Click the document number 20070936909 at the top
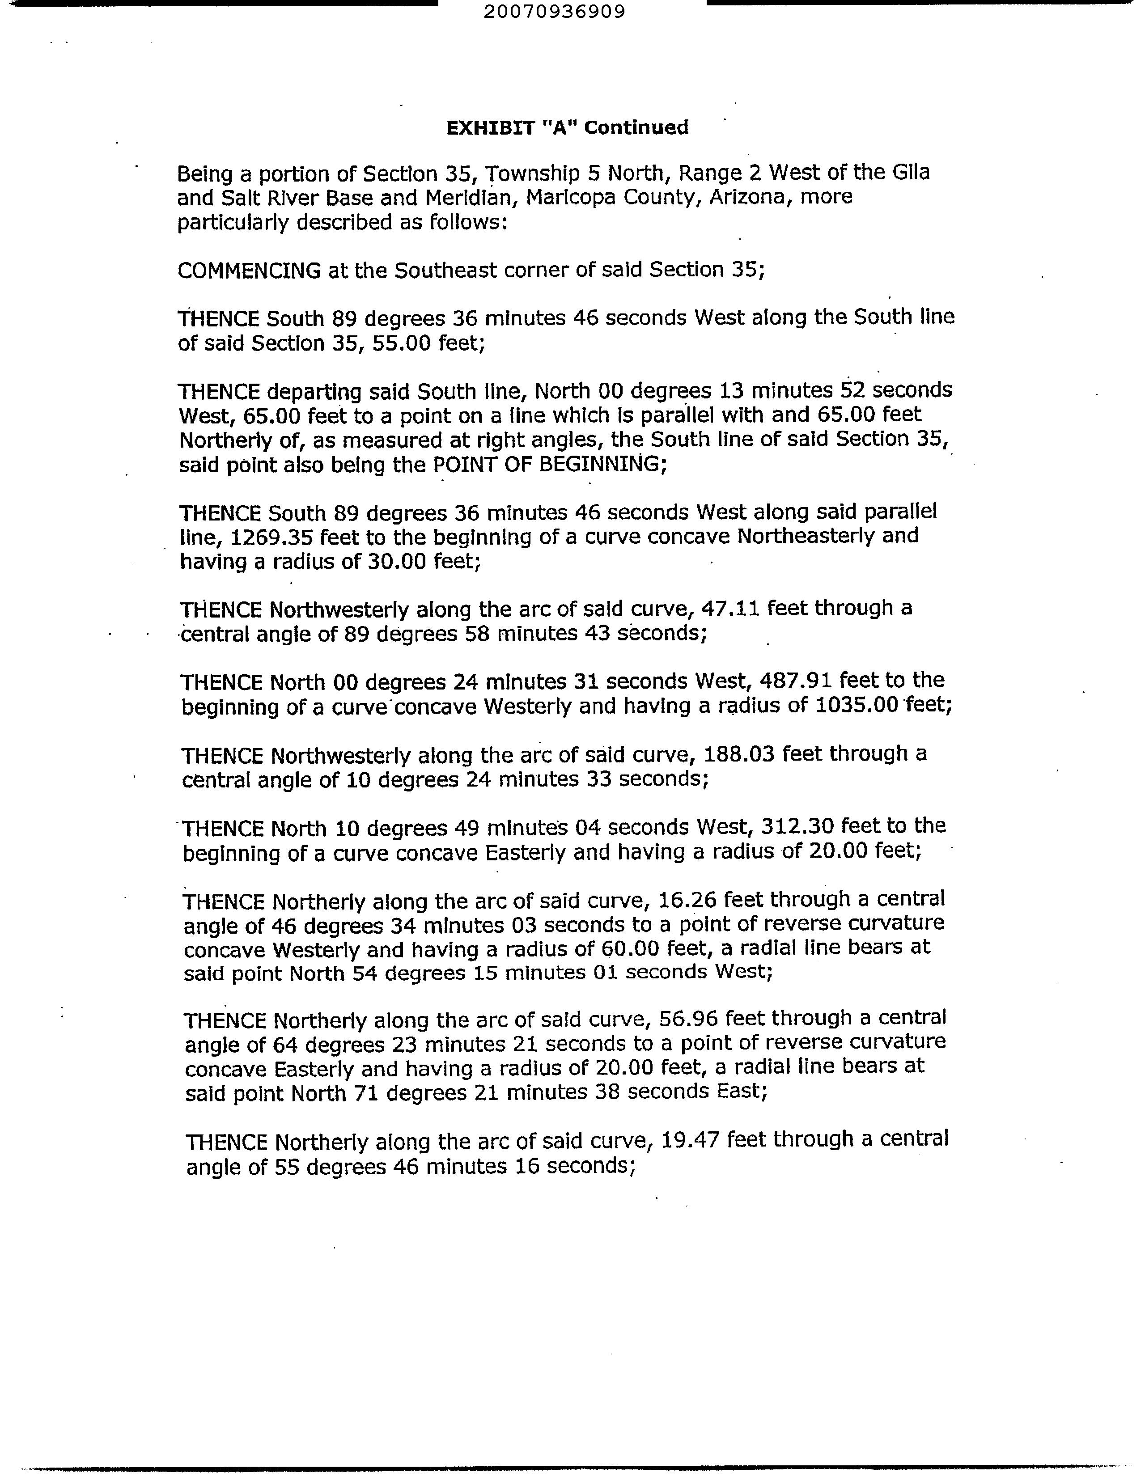(555, 12)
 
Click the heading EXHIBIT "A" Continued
(567, 127)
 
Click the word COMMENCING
(249, 271)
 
